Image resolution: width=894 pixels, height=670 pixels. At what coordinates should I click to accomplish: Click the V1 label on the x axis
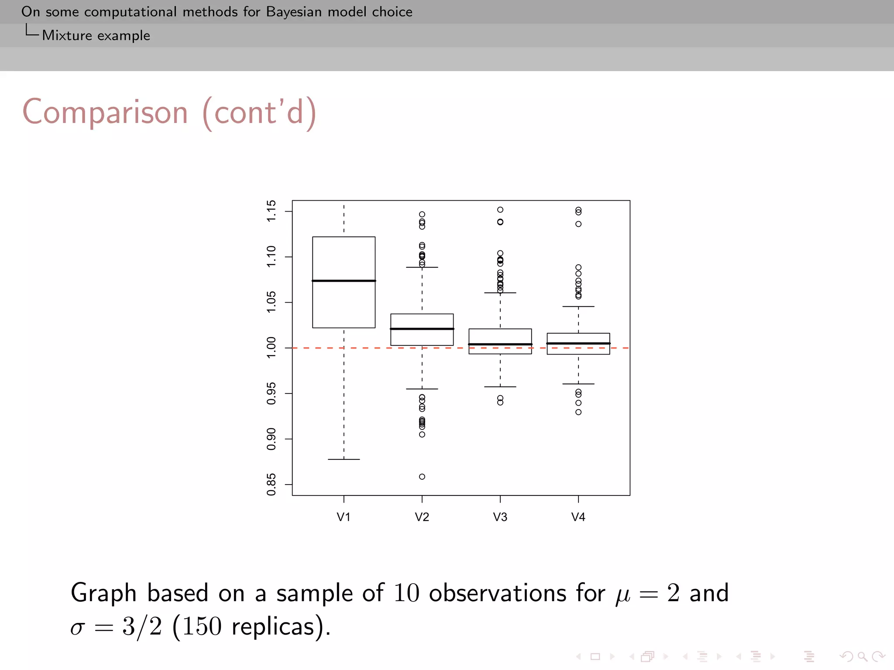[x=344, y=517]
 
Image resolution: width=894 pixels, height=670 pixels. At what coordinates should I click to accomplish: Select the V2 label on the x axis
[x=422, y=517]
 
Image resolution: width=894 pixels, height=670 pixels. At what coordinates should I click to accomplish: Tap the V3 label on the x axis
[x=500, y=517]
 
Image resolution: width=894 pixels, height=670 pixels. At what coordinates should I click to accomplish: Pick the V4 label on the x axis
[x=578, y=517]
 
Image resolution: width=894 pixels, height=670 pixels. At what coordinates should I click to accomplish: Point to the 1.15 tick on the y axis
[x=271, y=211]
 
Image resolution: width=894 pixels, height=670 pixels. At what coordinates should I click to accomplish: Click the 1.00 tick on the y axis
[x=271, y=348]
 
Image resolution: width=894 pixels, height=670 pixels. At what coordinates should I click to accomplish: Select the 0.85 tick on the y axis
[x=271, y=484]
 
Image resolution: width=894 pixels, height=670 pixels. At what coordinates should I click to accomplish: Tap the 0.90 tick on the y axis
[x=271, y=439]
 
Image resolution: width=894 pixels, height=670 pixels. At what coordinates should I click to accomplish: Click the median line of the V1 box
[x=344, y=280]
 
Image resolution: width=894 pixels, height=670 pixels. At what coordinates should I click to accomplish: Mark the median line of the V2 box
[x=422, y=328]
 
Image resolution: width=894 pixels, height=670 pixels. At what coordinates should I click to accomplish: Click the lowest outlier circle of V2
[x=422, y=477]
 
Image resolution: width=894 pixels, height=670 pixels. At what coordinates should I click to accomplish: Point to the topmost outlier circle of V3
[x=500, y=210]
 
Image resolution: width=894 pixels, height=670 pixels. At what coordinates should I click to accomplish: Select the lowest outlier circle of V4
[x=578, y=412]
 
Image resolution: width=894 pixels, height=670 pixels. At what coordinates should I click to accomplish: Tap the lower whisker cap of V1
[x=344, y=459]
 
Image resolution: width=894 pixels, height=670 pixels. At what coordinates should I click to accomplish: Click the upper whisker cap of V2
[x=422, y=267]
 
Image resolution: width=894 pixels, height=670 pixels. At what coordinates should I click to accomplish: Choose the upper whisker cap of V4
[x=578, y=307]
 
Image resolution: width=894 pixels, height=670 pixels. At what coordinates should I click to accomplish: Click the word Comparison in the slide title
[x=105, y=113]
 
